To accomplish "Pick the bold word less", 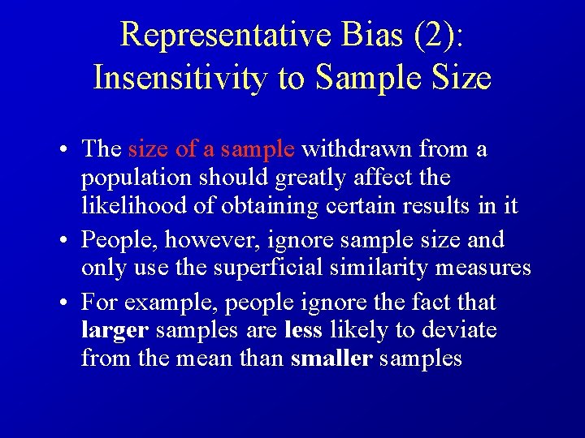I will [x=302, y=331].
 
